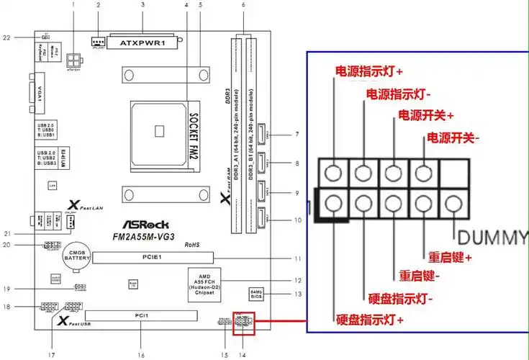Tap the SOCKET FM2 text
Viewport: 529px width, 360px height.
click(193, 134)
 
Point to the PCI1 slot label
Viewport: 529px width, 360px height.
click(141, 316)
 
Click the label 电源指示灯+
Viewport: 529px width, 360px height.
click(369, 72)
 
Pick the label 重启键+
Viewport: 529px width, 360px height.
click(451, 257)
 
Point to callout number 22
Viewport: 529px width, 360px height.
click(6, 36)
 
